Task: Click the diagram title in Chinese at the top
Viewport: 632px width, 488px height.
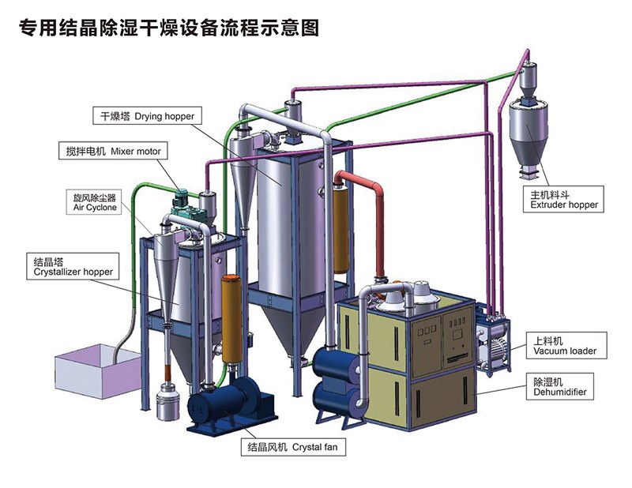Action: [169, 29]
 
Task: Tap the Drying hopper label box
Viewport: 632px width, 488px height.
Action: [145, 117]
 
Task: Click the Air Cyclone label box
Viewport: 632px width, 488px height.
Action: [95, 201]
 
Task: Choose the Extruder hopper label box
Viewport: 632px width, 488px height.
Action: [564, 198]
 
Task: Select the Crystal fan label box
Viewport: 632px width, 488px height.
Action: [294, 448]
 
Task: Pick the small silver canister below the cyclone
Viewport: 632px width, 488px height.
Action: [167, 400]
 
